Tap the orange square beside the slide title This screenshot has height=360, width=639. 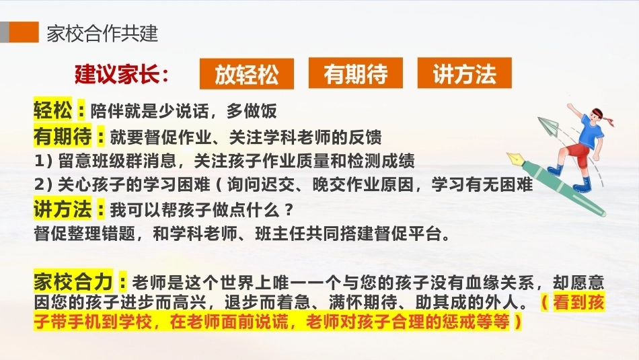24,32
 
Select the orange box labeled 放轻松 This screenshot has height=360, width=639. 247,74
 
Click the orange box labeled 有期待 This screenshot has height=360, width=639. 355,73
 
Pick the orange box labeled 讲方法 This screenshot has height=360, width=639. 464,73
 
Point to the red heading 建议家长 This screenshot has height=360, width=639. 122,74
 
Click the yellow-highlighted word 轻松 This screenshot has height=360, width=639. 52,110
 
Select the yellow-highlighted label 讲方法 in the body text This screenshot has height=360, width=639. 63,209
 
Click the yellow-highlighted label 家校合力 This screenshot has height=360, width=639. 73,281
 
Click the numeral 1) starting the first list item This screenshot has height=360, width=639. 44,161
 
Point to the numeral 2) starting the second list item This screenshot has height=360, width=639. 44,184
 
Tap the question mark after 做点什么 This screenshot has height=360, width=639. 289,209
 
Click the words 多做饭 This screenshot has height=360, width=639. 252,111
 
